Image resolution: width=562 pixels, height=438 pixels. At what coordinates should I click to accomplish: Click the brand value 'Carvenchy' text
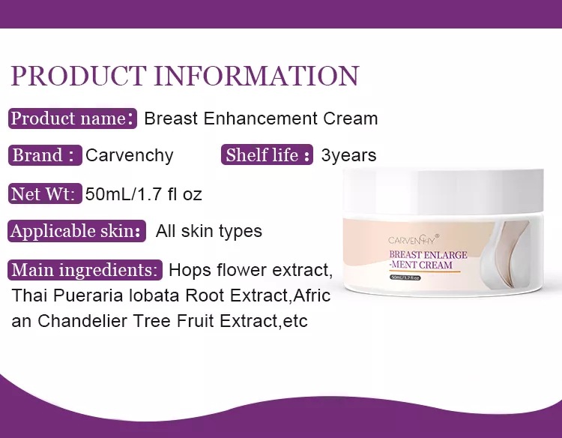click(130, 156)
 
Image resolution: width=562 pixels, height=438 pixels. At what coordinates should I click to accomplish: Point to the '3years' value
click(348, 156)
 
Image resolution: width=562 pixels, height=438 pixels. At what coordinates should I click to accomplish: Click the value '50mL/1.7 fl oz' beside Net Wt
click(144, 194)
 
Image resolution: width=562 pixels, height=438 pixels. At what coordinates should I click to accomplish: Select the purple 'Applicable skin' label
click(76, 231)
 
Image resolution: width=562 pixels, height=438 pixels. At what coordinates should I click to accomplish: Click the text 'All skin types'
click(208, 232)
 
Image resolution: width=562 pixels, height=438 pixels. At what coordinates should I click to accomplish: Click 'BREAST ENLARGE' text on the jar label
click(428, 255)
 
